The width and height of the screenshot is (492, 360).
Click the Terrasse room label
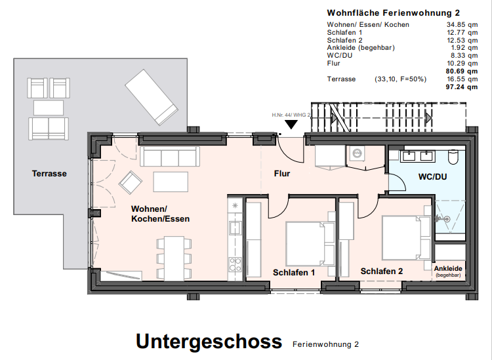pos(49,174)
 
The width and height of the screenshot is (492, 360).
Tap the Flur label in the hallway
pos(282,174)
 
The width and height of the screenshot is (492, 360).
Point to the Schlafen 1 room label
pos(295,271)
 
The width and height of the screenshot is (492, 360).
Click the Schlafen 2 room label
pos(382,271)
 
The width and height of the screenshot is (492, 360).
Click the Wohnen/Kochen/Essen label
pos(160,214)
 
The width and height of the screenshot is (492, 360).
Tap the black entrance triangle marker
pos(290,124)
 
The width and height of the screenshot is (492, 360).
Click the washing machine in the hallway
pos(358,154)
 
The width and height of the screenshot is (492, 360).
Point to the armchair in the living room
pos(129,182)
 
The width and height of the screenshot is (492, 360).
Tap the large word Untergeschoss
pos(209,342)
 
